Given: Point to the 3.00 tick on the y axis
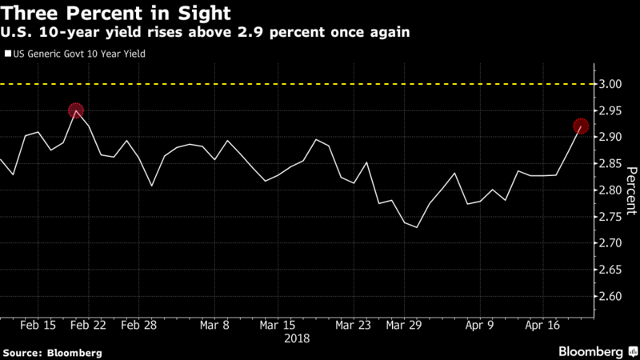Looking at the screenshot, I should click(610, 84).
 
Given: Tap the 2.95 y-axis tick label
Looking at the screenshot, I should click(610, 110).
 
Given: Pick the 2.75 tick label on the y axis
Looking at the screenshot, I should click(610, 217).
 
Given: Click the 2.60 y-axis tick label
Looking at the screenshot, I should click(610, 297).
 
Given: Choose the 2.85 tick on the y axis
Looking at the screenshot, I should click(610, 164).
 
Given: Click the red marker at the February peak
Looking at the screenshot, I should click(76, 111).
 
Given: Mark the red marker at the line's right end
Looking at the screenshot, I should click(581, 126).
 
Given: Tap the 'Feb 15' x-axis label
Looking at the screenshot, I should click(38, 326).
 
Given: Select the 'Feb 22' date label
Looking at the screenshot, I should click(87, 326).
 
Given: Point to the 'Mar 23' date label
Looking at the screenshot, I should click(353, 326).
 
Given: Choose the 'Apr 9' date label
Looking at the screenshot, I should click(480, 326).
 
